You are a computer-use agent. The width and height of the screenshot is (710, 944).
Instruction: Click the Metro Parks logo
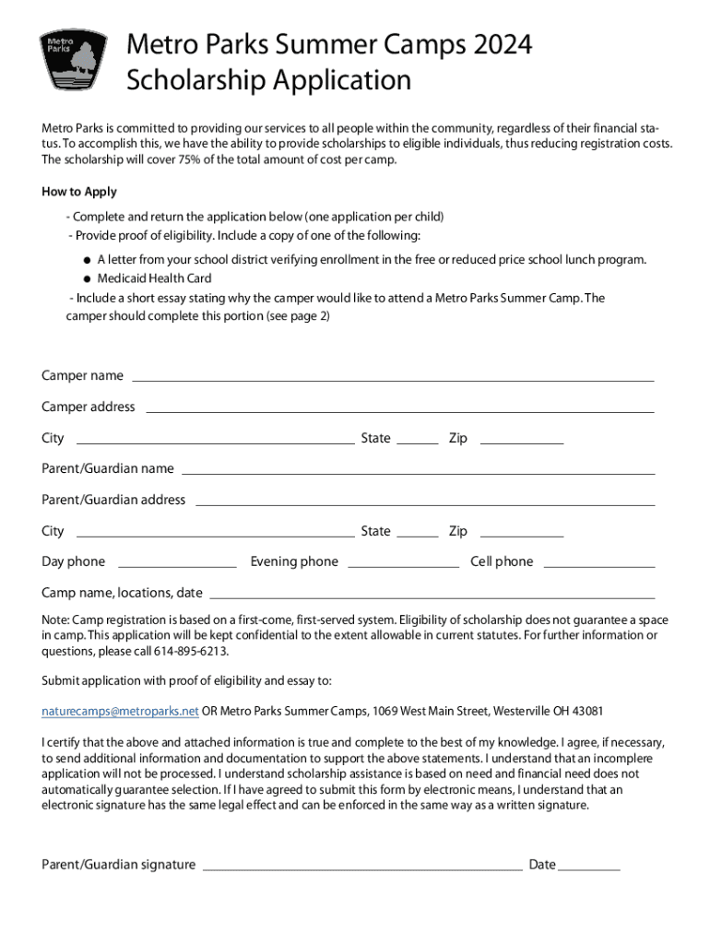(x=74, y=61)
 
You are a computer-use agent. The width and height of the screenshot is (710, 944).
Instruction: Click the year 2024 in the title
(x=504, y=44)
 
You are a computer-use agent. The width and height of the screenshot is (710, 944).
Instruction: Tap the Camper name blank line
(x=393, y=379)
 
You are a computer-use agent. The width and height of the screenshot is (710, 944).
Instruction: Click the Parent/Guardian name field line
(x=418, y=472)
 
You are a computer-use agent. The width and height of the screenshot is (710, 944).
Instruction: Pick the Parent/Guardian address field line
(x=424, y=503)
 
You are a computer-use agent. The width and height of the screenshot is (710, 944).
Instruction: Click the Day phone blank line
(x=177, y=565)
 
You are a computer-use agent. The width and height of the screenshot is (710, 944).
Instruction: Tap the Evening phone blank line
(x=403, y=565)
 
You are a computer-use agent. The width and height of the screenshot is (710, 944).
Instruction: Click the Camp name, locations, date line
(x=432, y=596)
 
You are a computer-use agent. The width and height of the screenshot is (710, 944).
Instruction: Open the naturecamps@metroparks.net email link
(x=120, y=711)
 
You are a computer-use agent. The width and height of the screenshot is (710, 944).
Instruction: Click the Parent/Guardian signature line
(x=361, y=868)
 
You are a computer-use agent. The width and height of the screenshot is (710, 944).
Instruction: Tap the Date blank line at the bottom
(x=589, y=868)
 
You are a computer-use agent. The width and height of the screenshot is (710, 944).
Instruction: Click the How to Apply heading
(x=79, y=192)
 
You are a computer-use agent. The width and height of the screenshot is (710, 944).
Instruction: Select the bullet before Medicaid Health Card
(x=86, y=278)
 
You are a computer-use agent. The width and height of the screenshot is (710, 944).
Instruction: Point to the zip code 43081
(x=587, y=711)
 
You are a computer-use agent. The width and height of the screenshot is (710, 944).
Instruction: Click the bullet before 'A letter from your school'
(x=86, y=260)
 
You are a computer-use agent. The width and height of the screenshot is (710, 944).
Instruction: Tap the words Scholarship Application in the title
(x=268, y=81)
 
